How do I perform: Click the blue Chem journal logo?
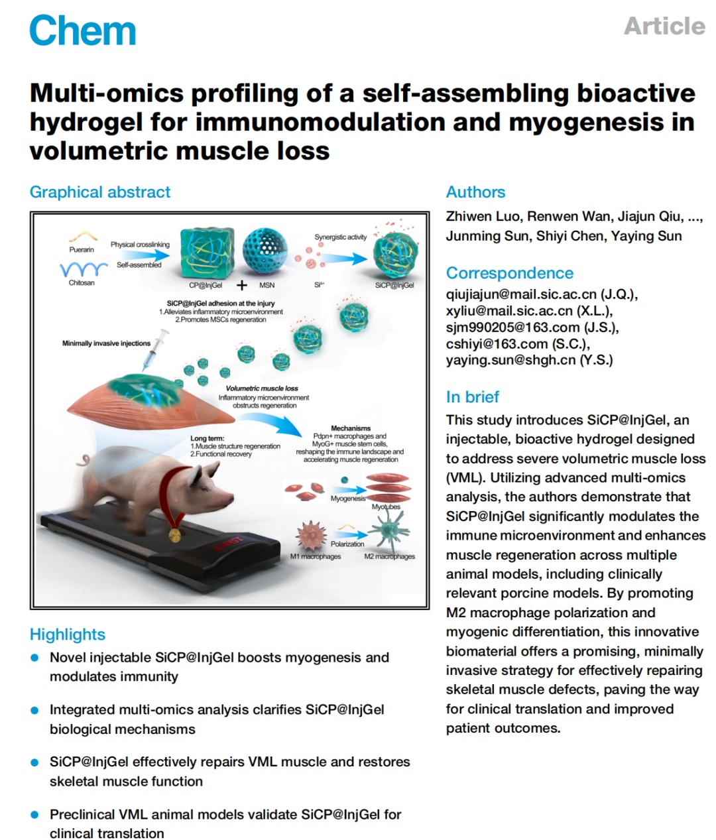(x=82, y=30)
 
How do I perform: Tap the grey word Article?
(x=664, y=26)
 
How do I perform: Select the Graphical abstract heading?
(x=100, y=192)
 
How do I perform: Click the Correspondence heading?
(x=510, y=272)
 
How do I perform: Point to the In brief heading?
(x=472, y=396)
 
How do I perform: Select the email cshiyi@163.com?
(x=497, y=344)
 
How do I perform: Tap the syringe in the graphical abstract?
(x=156, y=350)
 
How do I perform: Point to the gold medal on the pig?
(x=175, y=535)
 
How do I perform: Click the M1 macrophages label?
(x=316, y=556)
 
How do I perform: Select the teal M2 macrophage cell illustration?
(x=389, y=530)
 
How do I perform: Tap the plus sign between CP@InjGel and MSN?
(x=242, y=285)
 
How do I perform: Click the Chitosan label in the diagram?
(x=82, y=282)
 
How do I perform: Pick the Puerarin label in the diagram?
(x=82, y=249)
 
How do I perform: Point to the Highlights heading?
(x=68, y=634)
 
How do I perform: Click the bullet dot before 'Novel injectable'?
(x=35, y=658)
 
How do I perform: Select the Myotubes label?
(x=386, y=507)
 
